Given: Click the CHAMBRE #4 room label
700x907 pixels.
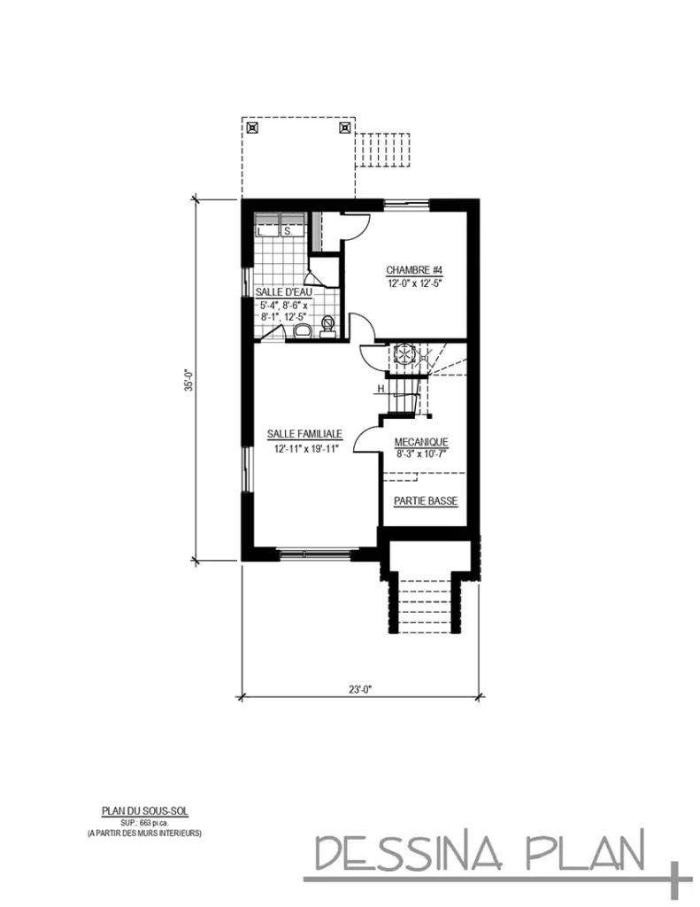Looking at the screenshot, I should (x=413, y=270).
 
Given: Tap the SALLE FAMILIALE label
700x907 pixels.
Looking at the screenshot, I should (x=305, y=435).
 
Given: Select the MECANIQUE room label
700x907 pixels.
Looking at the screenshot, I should (x=421, y=441).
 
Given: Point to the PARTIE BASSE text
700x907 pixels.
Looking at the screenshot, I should (x=425, y=501).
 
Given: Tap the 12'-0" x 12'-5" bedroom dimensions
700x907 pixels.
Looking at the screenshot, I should (x=413, y=284).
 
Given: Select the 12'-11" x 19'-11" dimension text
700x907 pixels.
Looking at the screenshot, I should (x=305, y=449).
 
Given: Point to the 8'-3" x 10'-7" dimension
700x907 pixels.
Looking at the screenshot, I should (x=421, y=454).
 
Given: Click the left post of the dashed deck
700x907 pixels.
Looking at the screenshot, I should (x=253, y=127).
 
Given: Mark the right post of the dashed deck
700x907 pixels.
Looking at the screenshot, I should (x=343, y=127).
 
